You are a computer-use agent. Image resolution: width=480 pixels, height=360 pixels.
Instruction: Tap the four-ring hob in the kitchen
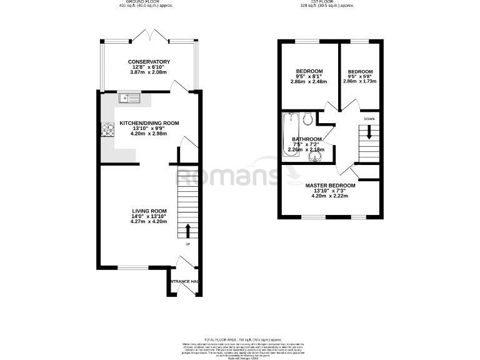[103, 129]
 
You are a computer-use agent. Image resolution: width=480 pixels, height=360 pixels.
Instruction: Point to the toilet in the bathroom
[307, 119]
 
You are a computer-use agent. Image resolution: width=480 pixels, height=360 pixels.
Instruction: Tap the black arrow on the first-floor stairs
[369, 132]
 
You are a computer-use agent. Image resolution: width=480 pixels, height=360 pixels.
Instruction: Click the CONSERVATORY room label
[149, 61]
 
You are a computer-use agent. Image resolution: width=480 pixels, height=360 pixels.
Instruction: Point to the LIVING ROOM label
[149, 211]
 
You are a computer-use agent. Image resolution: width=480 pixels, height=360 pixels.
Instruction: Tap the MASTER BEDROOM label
[330, 186]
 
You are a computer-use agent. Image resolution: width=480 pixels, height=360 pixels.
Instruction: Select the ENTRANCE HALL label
[184, 282]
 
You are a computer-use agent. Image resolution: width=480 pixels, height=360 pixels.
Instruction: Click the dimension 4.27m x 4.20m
[149, 221]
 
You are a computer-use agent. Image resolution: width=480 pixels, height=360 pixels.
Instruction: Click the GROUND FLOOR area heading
[146, 2]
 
